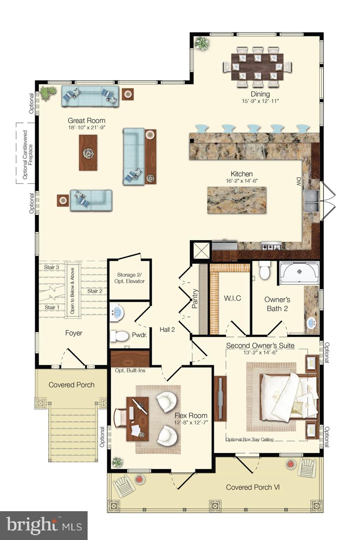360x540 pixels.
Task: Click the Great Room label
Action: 86,121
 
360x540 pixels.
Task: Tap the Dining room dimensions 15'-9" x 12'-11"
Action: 260,101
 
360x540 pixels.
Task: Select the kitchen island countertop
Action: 237,200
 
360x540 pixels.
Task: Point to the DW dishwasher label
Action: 298,181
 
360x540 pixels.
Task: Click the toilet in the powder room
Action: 120,336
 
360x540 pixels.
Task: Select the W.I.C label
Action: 232,298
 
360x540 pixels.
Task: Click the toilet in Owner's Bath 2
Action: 264,270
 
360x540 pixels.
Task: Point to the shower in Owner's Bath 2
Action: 299,272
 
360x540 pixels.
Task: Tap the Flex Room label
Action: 191,416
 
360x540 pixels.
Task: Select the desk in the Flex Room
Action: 137,419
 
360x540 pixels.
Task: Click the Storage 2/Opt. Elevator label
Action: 129,278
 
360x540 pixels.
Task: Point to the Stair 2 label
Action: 95,291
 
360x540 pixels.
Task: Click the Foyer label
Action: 74,333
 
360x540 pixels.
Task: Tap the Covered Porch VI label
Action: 253,487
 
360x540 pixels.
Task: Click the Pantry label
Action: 195,299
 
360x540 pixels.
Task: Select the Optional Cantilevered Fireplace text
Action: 27,154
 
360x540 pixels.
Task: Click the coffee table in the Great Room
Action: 88,153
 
